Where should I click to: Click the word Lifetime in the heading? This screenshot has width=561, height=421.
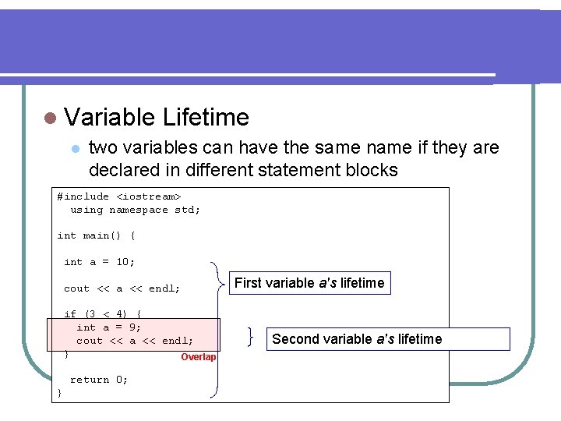tap(206, 118)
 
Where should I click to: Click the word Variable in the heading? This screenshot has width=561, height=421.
tap(111, 118)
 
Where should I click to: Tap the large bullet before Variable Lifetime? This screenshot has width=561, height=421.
tap(51, 119)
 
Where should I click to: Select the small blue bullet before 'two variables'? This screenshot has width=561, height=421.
tap(74, 148)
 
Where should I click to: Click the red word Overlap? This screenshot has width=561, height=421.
tap(198, 357)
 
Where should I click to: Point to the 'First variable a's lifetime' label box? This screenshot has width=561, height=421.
tap(309, 283)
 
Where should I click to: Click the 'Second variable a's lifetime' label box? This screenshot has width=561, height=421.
tap(388, 339)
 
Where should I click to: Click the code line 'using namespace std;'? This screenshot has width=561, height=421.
tap(135, 210)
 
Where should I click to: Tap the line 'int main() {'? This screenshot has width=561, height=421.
tap(96, 235)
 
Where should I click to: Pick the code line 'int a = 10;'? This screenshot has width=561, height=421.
tap(99, 262)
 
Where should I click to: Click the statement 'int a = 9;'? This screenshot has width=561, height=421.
tap(108, 327)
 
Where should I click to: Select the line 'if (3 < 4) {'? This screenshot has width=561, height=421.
tap(102, 314)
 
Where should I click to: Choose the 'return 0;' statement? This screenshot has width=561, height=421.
tap(99, 380)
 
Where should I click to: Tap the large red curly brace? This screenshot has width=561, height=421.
tap(216, 327)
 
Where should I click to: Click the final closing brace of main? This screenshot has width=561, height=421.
tap(60, 393)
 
